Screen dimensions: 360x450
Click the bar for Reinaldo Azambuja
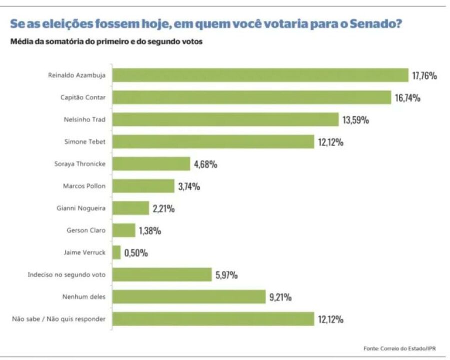(x=260, y=75)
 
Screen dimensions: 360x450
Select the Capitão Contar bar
(x=251, y=97)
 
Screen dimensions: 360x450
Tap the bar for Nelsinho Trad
(x=225, y=119)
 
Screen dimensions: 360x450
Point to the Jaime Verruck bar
(x=116, y=252)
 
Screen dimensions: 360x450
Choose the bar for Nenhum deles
(x=188, y=296)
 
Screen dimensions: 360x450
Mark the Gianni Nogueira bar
(x=130, y=208)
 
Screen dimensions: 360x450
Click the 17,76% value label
(x=425, y=76)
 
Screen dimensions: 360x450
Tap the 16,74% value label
(x=407, y=98)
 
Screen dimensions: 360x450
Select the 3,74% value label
(x=189, y=186)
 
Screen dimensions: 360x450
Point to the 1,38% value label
(x=150, y=230)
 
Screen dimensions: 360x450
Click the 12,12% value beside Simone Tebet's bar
(x=329, y=142)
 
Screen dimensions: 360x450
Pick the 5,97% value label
(x=226, y=275)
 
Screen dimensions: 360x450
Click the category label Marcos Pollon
(x=84, y=186)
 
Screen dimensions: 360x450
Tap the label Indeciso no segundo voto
(x=66, y=274)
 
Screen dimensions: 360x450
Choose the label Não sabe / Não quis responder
(x=58, y=319)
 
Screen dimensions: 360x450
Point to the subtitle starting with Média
(x=106, y=42)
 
